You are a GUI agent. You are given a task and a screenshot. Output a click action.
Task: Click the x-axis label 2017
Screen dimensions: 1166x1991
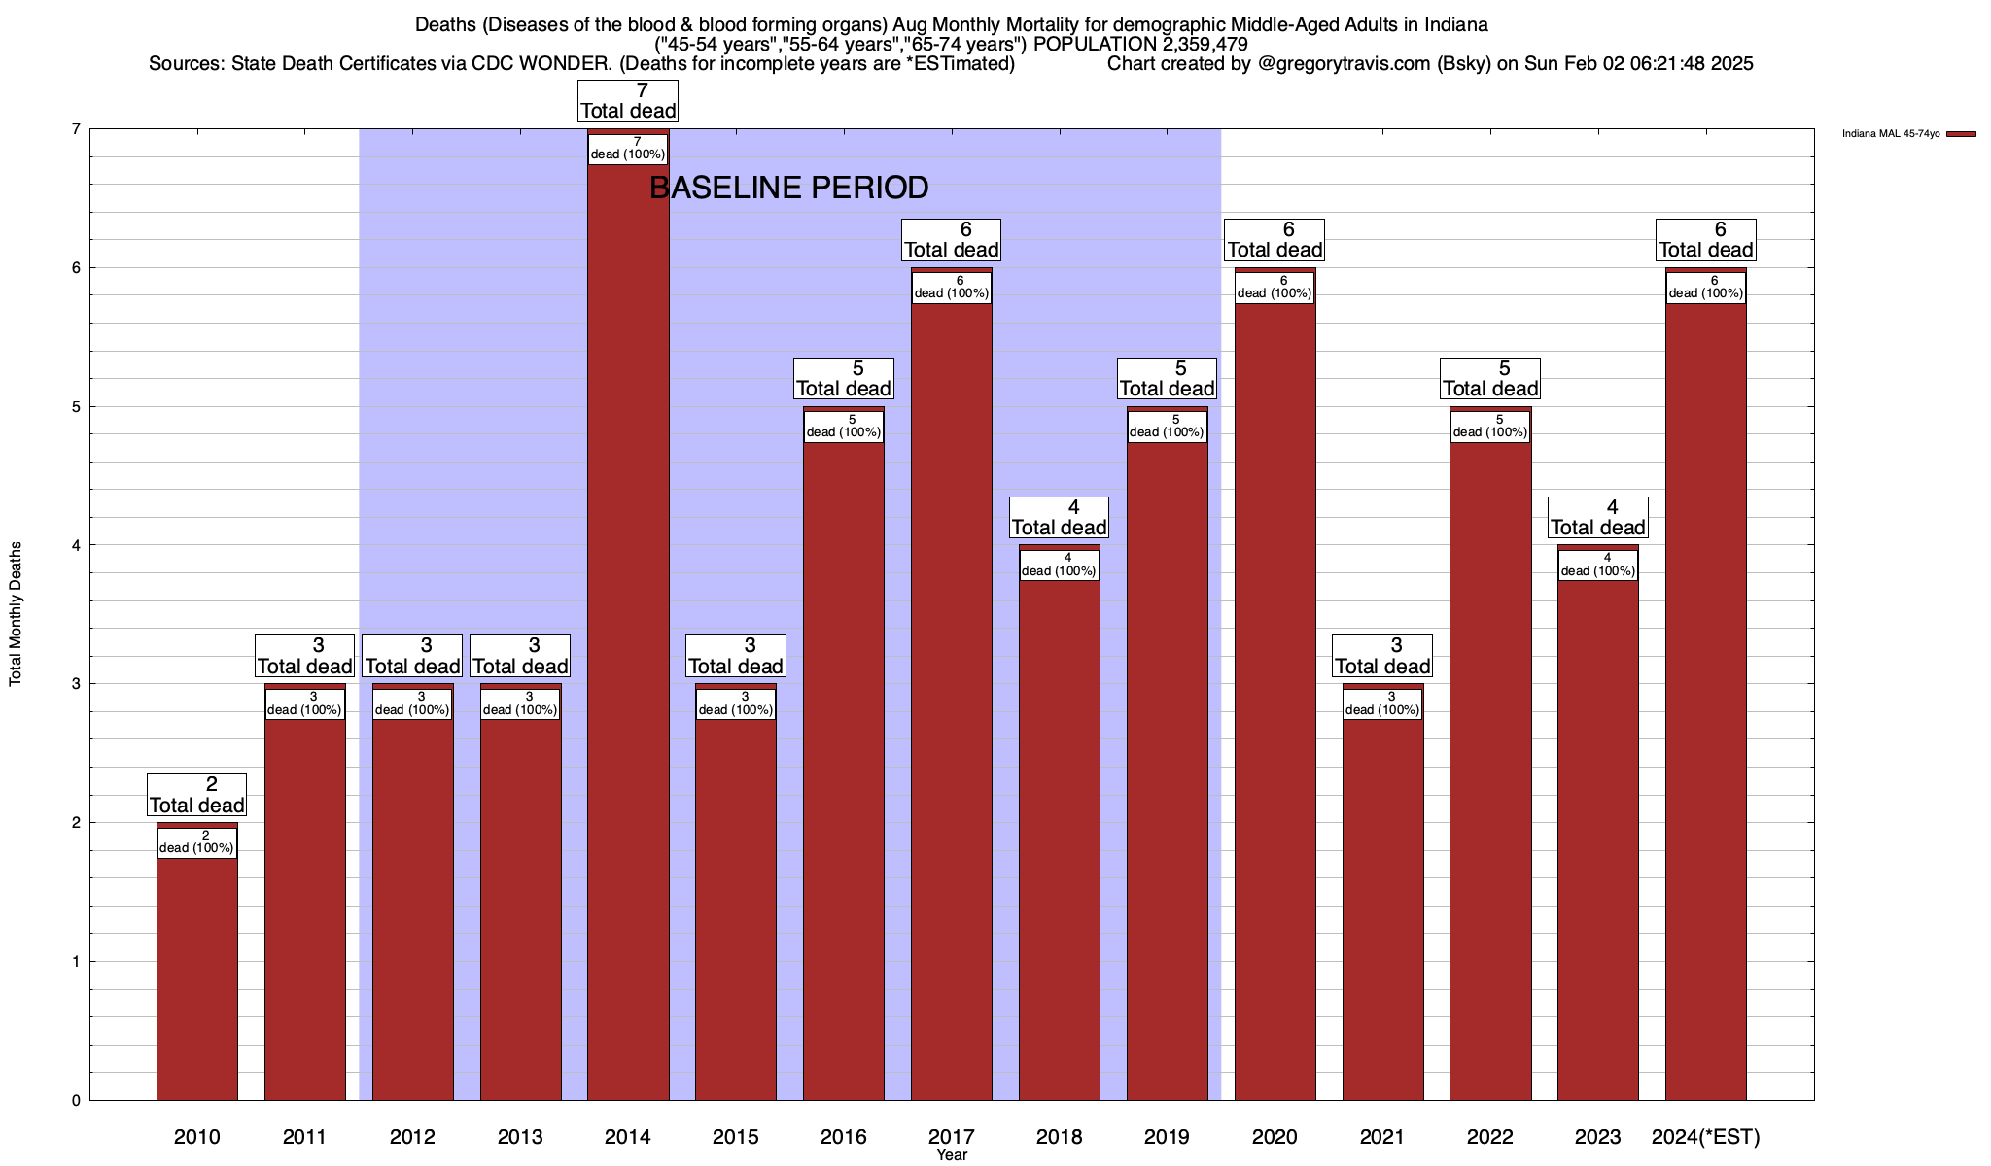[x=951, y=1136]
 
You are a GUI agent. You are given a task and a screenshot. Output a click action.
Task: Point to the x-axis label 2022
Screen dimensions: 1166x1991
[x=1489, y=1136]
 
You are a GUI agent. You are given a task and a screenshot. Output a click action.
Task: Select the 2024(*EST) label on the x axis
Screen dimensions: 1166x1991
[x=1705, y=1136]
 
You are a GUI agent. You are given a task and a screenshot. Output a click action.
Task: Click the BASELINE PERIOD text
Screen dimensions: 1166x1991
[x=788, y=188]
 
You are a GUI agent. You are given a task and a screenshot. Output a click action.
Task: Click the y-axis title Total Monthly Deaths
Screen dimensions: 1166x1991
[x=16, y=613]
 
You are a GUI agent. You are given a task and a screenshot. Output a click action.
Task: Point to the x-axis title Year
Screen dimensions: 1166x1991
[x=952, y=1155]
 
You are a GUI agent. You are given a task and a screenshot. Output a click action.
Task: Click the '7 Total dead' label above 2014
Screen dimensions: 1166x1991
[x=628, y=101]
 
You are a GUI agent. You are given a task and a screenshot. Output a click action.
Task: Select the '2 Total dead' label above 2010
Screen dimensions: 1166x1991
[x=197, y=795]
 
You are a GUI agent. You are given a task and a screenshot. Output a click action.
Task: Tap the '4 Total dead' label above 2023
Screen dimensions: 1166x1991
[x=1597, y=518]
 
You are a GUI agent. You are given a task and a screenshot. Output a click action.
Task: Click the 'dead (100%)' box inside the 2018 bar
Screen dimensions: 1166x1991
[x=1060, y=565]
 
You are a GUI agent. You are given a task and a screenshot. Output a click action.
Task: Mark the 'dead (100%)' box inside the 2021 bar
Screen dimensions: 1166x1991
[x=1382, y=703]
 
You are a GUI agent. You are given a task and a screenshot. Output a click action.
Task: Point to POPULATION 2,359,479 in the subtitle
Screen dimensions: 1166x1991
[x=1140, y=44]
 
